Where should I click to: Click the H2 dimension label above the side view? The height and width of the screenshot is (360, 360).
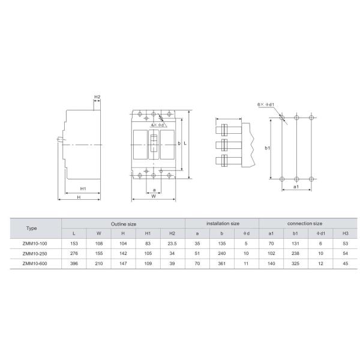click(97, 97)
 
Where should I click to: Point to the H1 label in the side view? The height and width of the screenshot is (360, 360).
click(83, 189)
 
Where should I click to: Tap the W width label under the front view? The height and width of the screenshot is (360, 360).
click(154, 196)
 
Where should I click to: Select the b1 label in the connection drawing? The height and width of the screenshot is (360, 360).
click(267, 148)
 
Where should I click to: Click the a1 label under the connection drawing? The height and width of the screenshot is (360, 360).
click(296, 187)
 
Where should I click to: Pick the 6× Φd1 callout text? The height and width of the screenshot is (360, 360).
click(266, 104)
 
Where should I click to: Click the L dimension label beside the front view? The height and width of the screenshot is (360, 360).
click(185, 143)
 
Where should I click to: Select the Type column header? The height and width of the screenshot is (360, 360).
click(31, 228)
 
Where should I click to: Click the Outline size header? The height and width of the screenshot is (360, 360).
click(124, 224)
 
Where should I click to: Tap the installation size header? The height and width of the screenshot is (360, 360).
click(223, 223)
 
